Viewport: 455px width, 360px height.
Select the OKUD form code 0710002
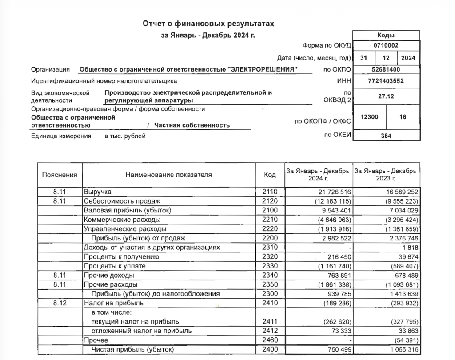click(x=386, y=46)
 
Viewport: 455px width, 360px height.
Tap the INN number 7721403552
click(x=386, y=81)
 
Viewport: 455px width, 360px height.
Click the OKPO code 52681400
click(x=386, y=69)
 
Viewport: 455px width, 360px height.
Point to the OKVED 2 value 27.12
click(x=386, y=96)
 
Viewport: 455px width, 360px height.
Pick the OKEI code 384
click(x=386, y=136)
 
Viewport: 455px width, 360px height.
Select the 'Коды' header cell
click(x=386, y=36)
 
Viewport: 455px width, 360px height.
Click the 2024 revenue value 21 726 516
click(x=329, y=192)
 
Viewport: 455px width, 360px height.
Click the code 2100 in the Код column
click(x=269, y=210)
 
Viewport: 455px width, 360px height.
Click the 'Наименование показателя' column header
click(x=168, y=175)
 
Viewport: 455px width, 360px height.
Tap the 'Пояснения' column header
click(x=60, y=175)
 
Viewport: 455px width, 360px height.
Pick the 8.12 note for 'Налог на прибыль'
click(x=60, y=303)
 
